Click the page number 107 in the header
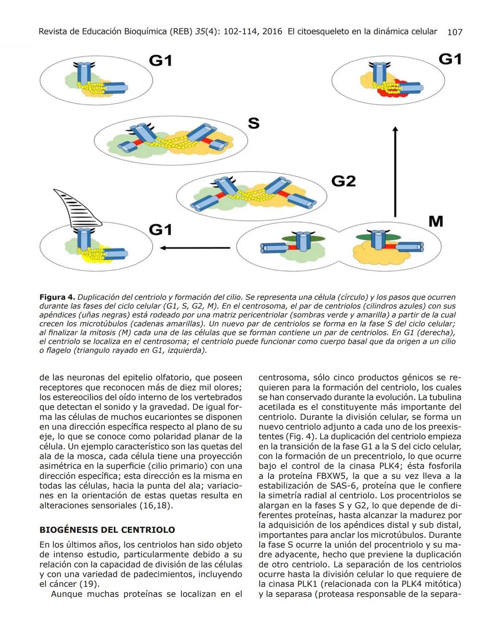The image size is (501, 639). [x=454, y=32]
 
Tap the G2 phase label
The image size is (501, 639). [x=343, y=181]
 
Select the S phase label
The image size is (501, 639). [x=253, y=124]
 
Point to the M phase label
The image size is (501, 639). [x=436, y=222]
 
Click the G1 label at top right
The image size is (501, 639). [x=450, y=59]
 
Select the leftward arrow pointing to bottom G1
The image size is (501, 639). [x=195, y=248]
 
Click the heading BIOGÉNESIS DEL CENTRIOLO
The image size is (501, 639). [x=107, y=530]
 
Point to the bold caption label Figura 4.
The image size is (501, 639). [x=57, y=297]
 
